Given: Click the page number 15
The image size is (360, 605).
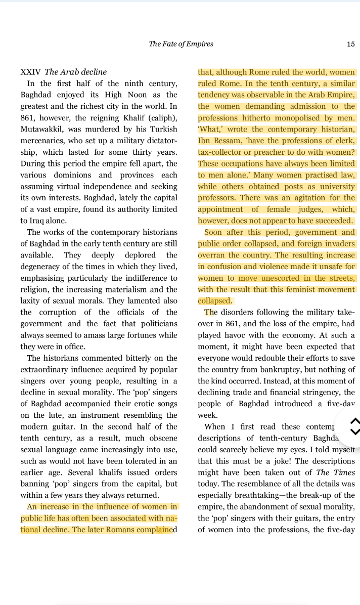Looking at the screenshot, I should click(x=350, y=44).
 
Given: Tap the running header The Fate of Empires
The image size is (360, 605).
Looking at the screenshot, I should click(x=181, y=44).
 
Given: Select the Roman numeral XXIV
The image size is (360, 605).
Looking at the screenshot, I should click(x=30, y=72).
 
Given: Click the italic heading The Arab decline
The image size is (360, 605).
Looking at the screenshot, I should click(x=76, y=72).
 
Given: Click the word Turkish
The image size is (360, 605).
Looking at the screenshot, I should click(x=162, y=129).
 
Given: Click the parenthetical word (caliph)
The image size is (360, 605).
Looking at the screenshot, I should click(x=161, y=118).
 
